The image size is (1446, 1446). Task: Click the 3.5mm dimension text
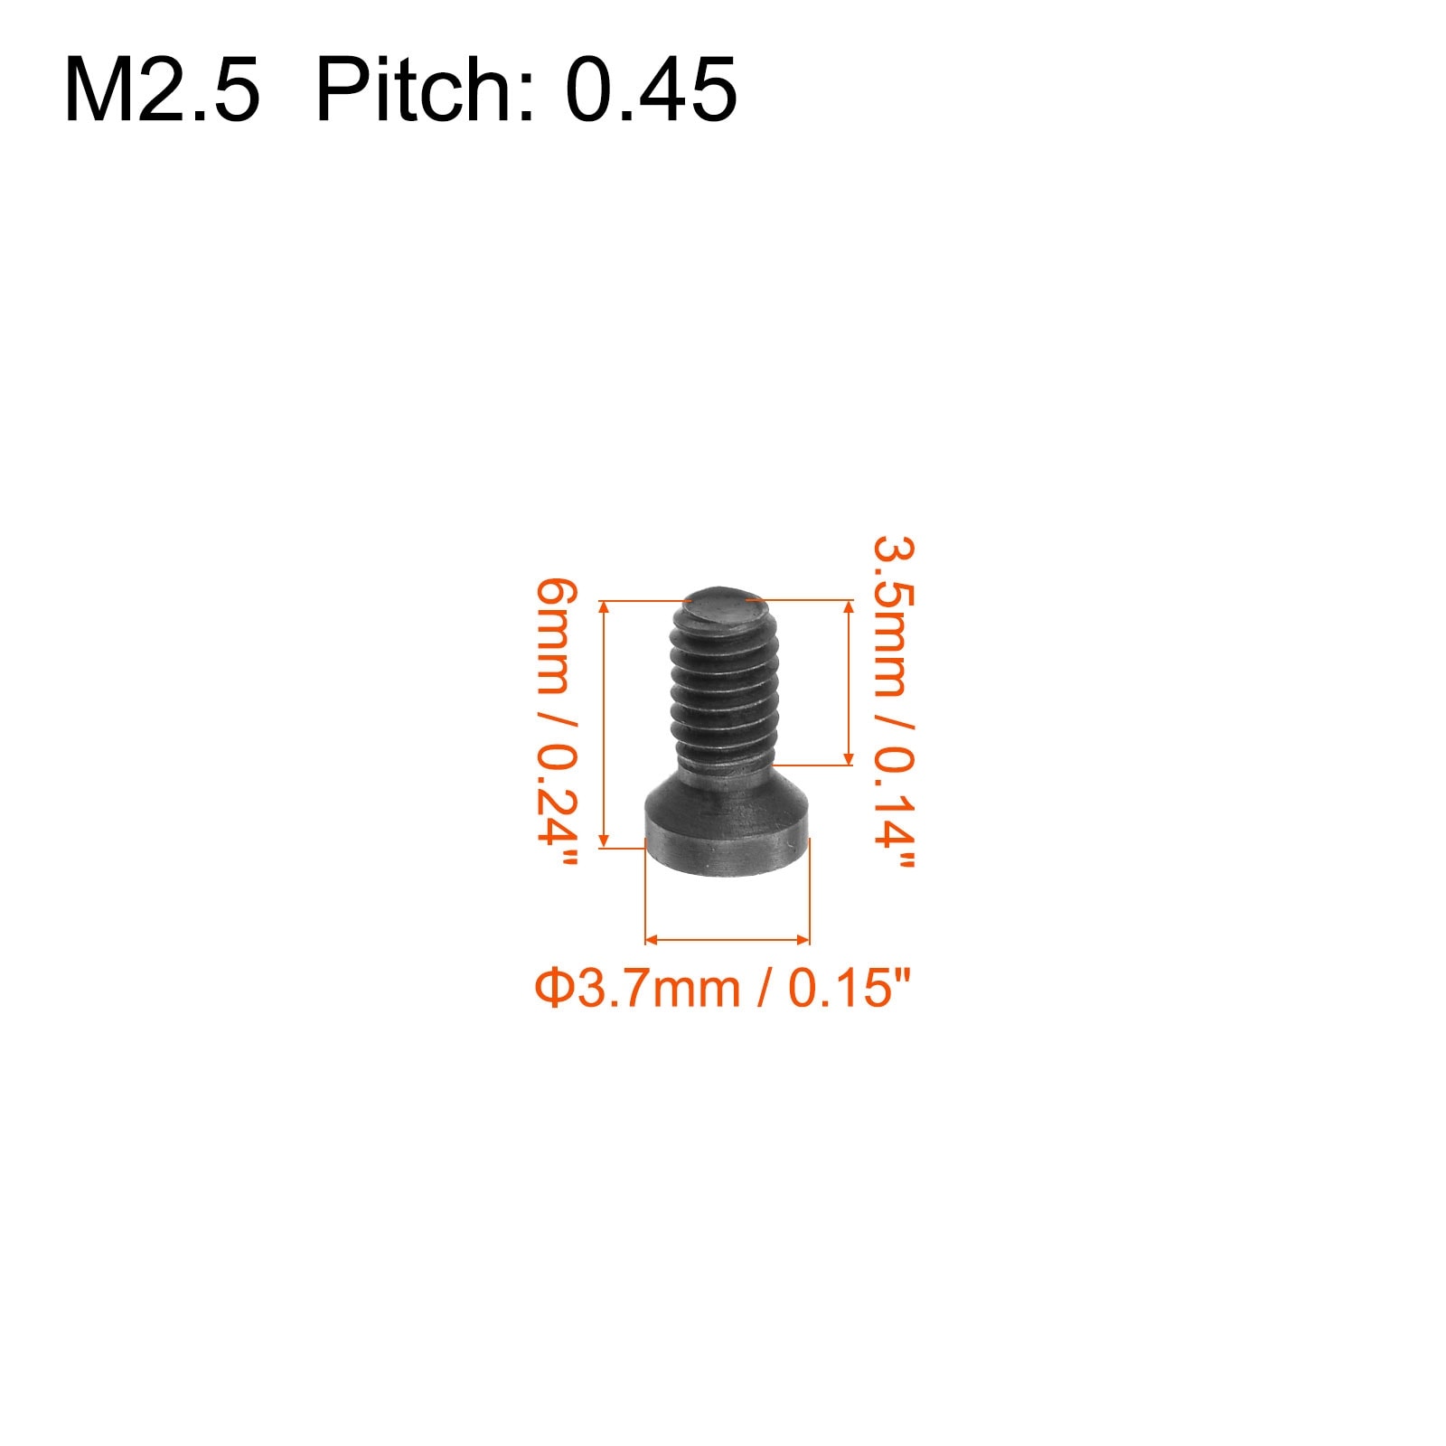894,615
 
